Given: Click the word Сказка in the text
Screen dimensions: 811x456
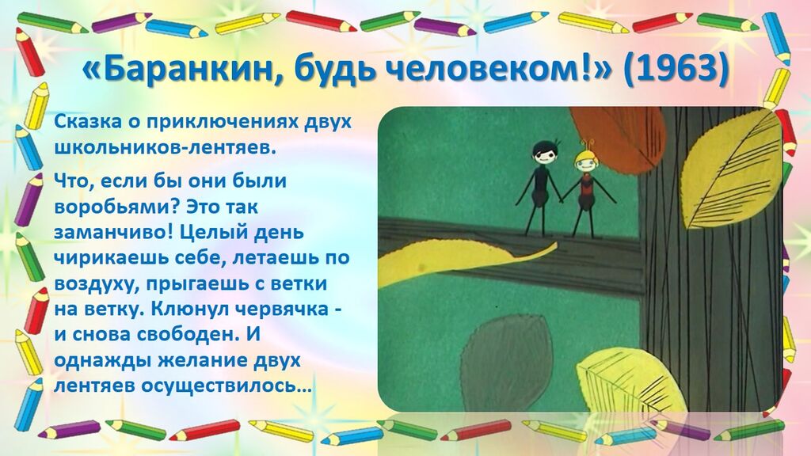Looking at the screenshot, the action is [x=88, y=123].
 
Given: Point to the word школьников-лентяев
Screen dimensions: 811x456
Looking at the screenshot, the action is [x=163, y=148].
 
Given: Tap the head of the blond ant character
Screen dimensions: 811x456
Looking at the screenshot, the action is [x=588, y=161].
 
